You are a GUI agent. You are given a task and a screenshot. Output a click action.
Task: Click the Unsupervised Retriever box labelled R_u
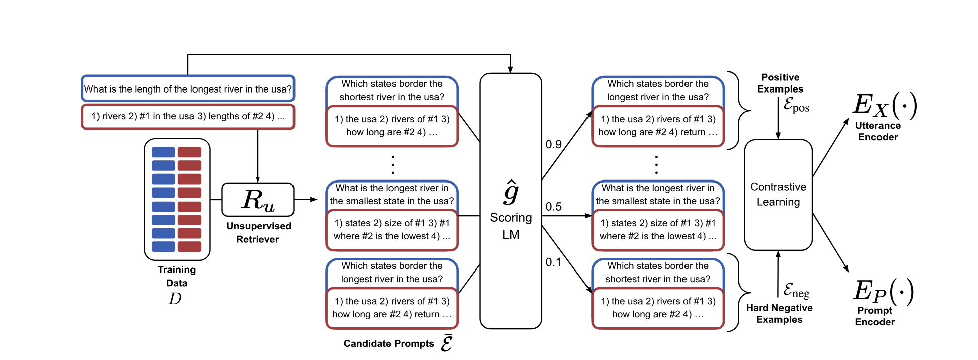257,200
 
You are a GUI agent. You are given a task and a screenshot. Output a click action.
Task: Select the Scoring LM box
511,201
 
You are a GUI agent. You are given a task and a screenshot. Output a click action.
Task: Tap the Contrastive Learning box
778,195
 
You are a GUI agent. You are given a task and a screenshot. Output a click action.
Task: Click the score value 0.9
553,145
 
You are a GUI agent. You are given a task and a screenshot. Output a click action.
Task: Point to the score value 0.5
553,207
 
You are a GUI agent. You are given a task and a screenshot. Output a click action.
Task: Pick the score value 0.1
553,262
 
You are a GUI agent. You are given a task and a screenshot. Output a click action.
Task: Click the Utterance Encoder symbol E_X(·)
885,106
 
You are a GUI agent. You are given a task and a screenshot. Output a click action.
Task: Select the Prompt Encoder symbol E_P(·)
883,291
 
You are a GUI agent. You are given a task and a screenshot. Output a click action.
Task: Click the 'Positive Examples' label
780,83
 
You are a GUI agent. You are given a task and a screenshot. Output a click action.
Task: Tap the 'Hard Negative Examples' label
779,314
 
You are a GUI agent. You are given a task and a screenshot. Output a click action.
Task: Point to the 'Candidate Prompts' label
388,344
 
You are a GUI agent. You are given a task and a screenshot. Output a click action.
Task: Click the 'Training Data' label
177,276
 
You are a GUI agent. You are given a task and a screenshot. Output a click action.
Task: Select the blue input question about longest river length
188,89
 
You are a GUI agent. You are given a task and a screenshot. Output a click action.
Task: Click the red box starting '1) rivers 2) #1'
188,116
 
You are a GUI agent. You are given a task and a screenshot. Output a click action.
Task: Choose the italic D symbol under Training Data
175,299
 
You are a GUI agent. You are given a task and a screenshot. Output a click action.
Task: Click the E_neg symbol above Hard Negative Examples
796,290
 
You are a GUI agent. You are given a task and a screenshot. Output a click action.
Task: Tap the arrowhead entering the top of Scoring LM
510,70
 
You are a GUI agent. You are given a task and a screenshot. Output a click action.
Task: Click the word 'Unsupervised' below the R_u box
259,226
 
